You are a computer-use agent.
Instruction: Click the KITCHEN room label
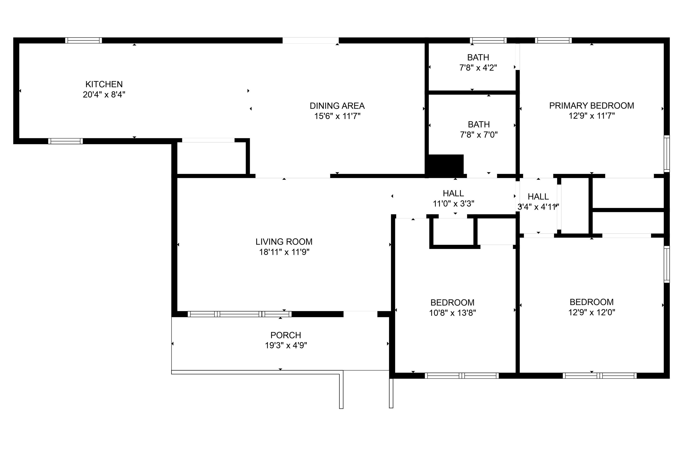click(104, 84)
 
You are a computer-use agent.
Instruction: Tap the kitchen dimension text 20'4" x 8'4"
click(104, 95)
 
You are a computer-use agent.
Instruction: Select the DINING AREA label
click(337, 106)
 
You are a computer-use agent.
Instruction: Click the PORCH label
click(286, 335)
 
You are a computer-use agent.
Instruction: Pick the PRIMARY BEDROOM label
click(592, 106)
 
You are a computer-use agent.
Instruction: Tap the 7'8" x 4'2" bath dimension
click(478, 68)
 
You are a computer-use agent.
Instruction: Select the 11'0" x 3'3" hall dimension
click(454, 204)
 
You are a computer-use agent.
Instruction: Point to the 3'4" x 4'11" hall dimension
click(538, 207)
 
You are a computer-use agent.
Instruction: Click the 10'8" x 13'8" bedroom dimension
click(452, 313)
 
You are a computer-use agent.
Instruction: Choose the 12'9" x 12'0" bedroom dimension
click(592, 312)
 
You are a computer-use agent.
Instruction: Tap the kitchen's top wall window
click(84, 40)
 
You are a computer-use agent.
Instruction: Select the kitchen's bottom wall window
click(66, 141)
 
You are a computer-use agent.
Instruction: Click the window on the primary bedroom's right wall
click(667, 154)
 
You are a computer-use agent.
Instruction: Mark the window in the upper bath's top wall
click(488, 40)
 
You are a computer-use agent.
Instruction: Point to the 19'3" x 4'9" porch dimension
click(286, 345)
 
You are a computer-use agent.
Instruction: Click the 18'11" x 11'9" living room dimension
click(284, 252)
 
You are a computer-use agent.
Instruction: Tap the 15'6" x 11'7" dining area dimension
click(337, 116)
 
